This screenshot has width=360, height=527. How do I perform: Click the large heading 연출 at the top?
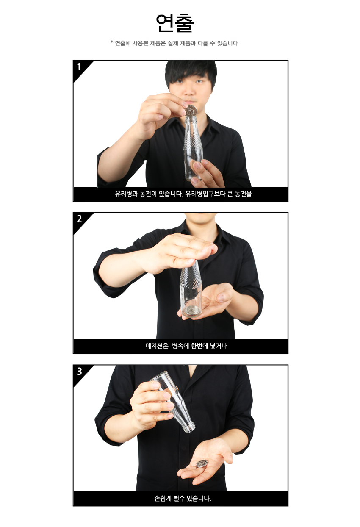175,23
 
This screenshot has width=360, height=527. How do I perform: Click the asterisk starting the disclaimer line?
112,42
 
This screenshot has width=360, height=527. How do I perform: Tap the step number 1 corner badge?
80,68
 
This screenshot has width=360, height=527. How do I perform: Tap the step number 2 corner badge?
80,220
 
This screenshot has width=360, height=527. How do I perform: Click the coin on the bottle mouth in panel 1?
191,111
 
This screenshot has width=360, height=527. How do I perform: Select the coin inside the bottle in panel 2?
191,310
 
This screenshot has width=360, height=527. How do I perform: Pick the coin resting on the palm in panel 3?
202,463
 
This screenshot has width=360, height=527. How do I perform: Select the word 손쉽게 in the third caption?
163,498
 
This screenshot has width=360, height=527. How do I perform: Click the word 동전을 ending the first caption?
243,194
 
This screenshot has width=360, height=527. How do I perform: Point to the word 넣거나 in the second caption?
219,346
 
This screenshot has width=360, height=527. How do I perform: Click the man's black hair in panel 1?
191,71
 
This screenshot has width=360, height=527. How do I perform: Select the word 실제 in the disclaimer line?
173,43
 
